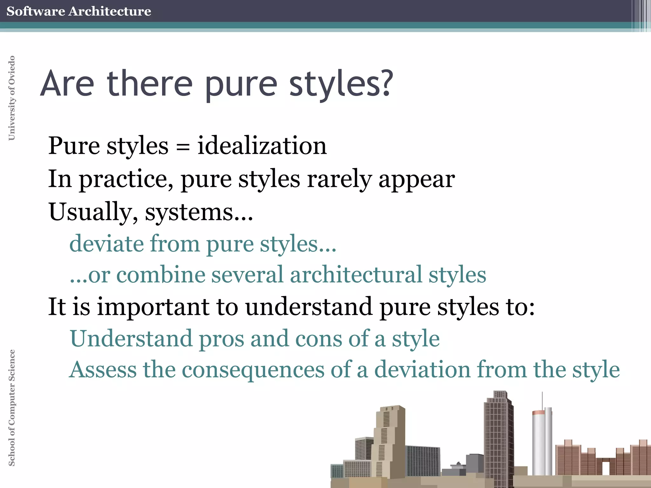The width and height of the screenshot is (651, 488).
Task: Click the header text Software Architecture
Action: point(79,11)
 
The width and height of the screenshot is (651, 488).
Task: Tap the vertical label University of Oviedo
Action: point(11,98)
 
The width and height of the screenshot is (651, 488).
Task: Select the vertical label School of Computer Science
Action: point(11,408)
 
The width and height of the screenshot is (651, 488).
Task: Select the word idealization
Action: point(262,146)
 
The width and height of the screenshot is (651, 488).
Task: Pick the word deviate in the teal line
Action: point(106,244)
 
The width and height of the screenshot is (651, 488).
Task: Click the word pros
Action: point(222,339)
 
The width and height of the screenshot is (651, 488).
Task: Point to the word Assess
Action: point(103,369)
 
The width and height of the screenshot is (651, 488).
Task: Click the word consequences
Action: point(253,369)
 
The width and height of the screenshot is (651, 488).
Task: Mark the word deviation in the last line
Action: point(422,369)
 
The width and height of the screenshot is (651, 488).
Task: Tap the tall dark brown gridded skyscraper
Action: point(498,438)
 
